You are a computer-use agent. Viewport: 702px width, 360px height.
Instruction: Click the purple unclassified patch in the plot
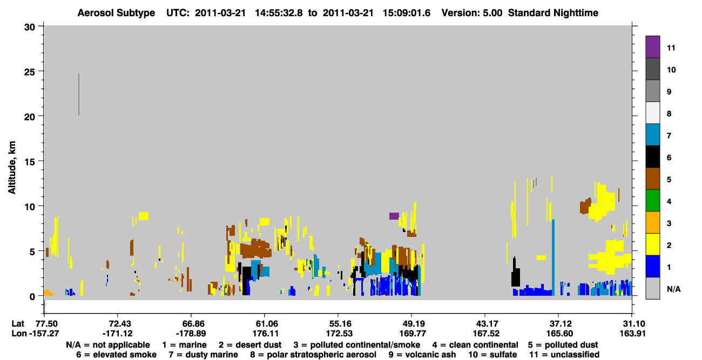(394, 216)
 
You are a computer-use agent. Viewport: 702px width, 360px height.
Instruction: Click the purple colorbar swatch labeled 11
(652, 46)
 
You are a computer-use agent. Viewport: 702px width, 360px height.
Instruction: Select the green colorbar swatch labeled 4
(652, 201)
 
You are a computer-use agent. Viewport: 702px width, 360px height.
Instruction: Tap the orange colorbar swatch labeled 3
(652, 222)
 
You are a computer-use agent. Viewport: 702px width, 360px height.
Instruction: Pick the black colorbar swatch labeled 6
(652, 157)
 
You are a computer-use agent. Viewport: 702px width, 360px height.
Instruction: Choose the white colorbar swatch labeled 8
(652, 113)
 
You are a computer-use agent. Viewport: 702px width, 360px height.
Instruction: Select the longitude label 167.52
(486, 334)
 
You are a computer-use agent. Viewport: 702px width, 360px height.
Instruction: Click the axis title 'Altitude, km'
(12, 168)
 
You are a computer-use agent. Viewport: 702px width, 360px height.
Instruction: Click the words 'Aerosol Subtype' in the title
(116, 13)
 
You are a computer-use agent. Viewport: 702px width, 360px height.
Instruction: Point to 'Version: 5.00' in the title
(472, 13)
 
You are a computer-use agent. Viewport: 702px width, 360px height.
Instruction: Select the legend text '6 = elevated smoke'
(116, 355)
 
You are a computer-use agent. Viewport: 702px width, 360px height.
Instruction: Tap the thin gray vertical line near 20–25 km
(79, 94)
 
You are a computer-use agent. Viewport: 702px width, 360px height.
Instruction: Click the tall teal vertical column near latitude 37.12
(553, 257)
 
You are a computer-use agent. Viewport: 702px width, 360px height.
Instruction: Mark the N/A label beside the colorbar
(673, 289)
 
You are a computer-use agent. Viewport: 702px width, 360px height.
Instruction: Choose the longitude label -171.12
(118, 334)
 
